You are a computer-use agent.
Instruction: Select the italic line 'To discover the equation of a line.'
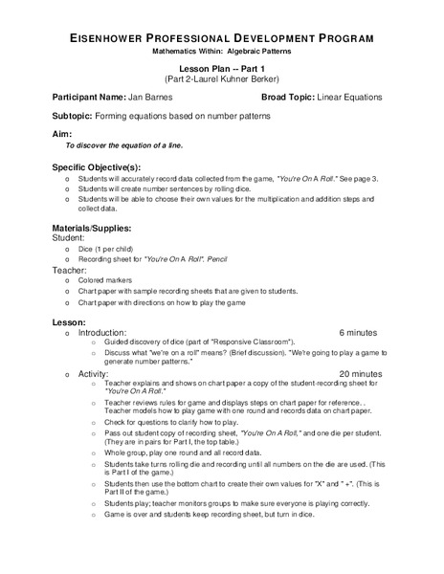[x=123, y=145]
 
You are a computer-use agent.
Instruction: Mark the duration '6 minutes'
[x=359, y=332]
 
